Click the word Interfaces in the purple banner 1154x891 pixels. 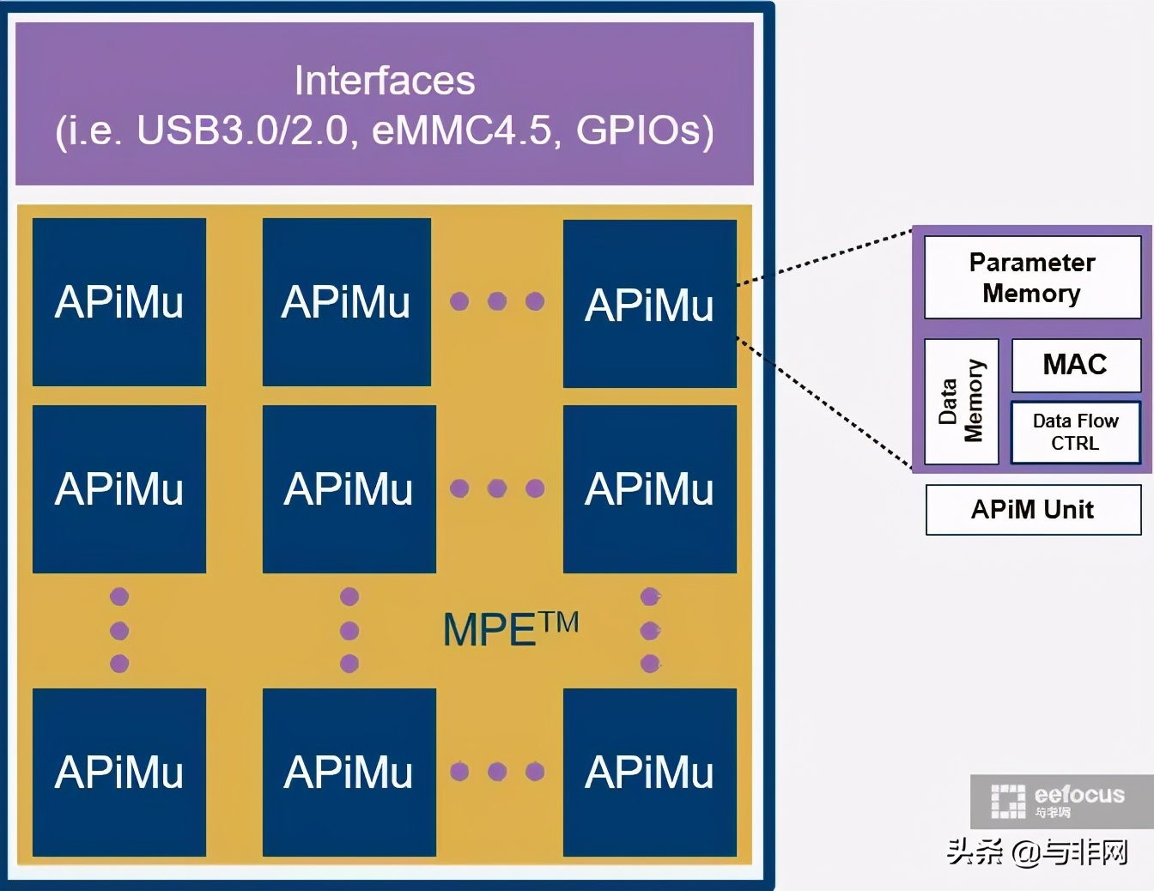384,81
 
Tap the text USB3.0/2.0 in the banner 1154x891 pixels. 242,130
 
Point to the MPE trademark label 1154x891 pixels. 510,629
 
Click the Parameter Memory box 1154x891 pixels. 1032,277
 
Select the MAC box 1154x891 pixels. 1075,365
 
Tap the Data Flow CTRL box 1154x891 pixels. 1075,432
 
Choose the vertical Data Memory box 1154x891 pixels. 961,401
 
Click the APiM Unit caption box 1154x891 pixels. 1033,510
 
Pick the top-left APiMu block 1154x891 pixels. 119,302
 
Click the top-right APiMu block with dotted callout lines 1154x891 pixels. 649,304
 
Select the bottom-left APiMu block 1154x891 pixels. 119,772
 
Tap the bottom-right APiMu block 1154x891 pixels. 649,772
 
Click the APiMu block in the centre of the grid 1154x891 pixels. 349,488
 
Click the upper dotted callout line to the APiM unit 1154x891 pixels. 824,257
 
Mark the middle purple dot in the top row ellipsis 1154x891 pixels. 497,301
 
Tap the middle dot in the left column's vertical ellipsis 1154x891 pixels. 119,631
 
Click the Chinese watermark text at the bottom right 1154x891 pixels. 1037,852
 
